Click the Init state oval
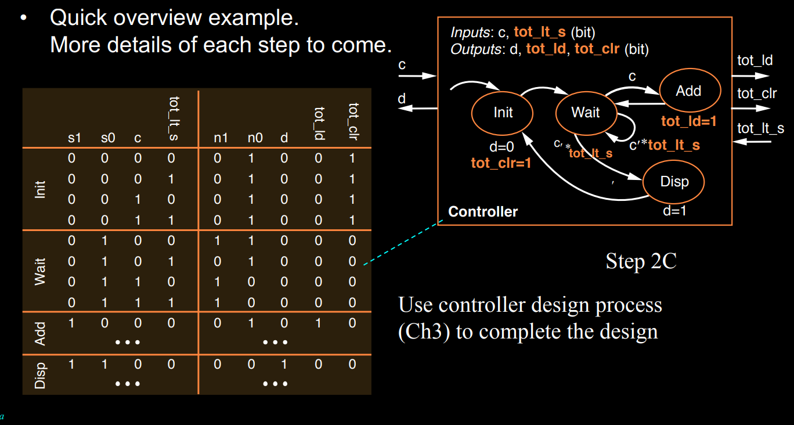point(503,113)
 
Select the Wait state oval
point(586,112)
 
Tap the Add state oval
point(689,91)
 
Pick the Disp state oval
point(674,182)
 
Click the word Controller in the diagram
point(483,212)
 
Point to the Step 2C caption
point(641,261)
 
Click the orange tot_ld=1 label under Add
point(689,122)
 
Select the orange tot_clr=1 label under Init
point(501,163)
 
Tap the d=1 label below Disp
point(674,211)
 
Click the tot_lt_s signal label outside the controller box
point(760,128)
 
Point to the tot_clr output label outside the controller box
point(757,93)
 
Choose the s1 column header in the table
point(75,138)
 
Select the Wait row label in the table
point(40,272)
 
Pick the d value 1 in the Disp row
point(284,365)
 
